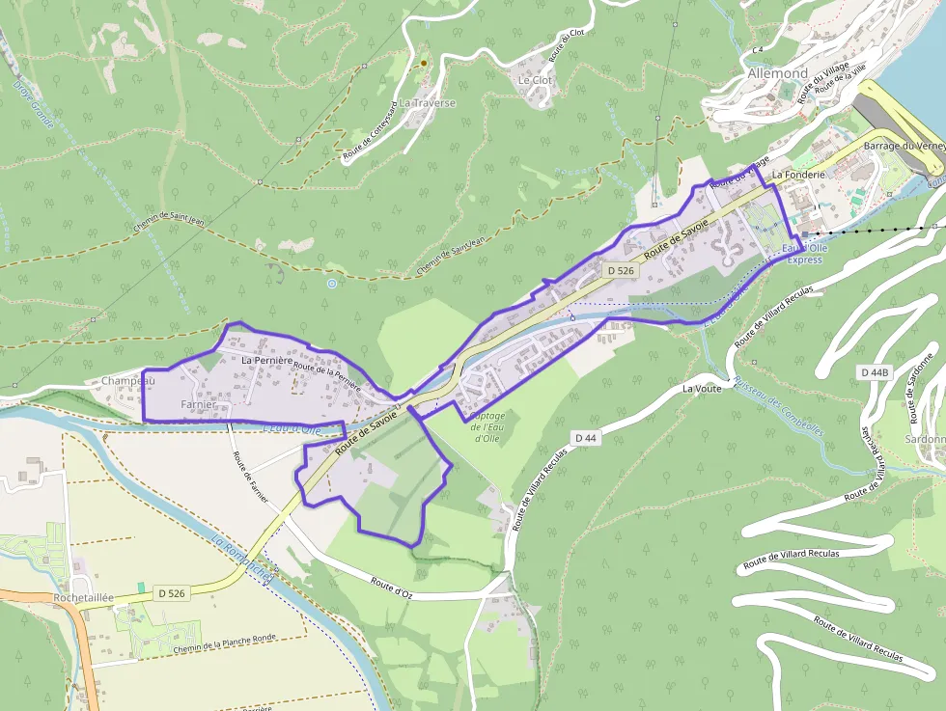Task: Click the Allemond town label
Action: [777, 73]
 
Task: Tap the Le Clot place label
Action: [535, 80]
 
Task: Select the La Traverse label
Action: [427, 102]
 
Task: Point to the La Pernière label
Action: [266, 360]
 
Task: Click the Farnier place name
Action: [198, 404]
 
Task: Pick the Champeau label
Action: [128, 381]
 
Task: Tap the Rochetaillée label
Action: [84, 597]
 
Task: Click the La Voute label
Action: [702, 389]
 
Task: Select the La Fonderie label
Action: [797, 175]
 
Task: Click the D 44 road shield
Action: [586, 438]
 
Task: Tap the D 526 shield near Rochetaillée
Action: [171, 592]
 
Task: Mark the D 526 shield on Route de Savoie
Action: [621, 271]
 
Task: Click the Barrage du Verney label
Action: [904, 146]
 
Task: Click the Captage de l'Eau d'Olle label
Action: [487, 426]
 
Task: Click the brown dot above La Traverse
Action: [423, 64]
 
